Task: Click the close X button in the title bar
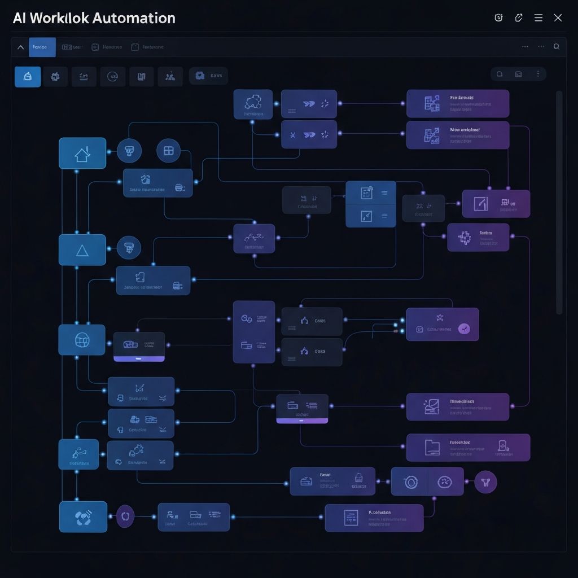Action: pyautogui.click(x=558, y=18)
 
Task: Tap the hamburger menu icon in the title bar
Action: pyautogui.click(x=538, y=18)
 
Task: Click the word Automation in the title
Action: pyautogui.click(x=133, y=18)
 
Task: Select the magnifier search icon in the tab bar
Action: pyautogui.click(x=557, y=47)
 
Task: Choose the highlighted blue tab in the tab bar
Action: pyautogui.click(x=42, y=47)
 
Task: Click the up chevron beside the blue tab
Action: pyautogui.click(x=20, y=47)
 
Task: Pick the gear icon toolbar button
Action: pyautogui.click(x=55, y=77)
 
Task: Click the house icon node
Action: pyautogui.click(x=82, y=154)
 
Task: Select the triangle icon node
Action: pyautogui.click(x=82, y=250)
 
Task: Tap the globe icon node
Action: pyautogui.click(x=82, y=340)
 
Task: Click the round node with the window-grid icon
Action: pyautogui.click(x=168, y=151)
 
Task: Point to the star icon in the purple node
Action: pyautogui.click(x=440, y=317)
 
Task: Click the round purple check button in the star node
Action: pyautogui.click(x=464, y=329)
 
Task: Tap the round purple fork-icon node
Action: pyautogui.click(x=485, y=481)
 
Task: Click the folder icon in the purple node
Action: pyautogui.click(x=432, y=448)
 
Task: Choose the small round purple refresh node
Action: pyautogui.click(x=125, y=516)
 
